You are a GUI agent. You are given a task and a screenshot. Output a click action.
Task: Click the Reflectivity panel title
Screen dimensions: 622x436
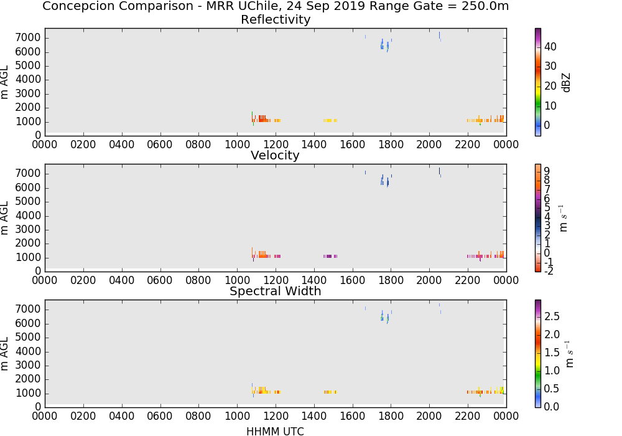(x=276, y=19)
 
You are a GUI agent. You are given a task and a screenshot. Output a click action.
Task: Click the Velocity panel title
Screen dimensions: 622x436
(x=275, y=155)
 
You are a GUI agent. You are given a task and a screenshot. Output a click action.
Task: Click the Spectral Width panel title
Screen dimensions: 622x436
(x=276, y=291)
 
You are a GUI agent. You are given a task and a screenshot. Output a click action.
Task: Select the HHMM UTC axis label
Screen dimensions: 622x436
(x=275, y=431)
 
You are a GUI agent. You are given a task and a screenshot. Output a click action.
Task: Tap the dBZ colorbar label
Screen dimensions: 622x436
(x=566, y=83)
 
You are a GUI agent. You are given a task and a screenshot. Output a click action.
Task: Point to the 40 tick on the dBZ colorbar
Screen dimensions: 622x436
(x=550, y=47)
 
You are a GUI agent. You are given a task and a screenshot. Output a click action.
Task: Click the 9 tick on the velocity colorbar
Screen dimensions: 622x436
(x=547, y=171)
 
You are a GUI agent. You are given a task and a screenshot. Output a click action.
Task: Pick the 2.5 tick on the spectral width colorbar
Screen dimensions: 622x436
(x=552, y=316)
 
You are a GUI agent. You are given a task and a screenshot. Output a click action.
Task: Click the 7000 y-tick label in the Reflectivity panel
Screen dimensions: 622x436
(x=28, y=38)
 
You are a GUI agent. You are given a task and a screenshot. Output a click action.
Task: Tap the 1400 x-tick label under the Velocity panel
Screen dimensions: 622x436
(x=313, y=280)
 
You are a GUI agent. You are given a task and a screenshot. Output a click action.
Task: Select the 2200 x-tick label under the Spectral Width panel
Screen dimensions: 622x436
(x=468, y=416)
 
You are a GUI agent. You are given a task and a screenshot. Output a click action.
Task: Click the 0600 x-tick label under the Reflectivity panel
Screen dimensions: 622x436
(x=160, y=145)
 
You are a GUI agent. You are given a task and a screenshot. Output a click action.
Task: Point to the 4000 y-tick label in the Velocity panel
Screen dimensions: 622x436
(x=28, y=216)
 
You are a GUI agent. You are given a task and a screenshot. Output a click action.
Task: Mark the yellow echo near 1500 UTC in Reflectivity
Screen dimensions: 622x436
(x=330, y=120)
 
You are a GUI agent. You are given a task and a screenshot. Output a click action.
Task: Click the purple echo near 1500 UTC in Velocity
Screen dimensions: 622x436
(x=330, y=256)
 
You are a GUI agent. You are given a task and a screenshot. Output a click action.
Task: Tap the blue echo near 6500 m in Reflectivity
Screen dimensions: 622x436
(x=384, y=45)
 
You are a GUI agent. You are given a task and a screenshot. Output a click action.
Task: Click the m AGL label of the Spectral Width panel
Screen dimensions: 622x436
(x=4, y=354)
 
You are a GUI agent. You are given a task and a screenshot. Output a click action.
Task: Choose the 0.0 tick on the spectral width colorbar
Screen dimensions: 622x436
(x=552, y=406)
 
